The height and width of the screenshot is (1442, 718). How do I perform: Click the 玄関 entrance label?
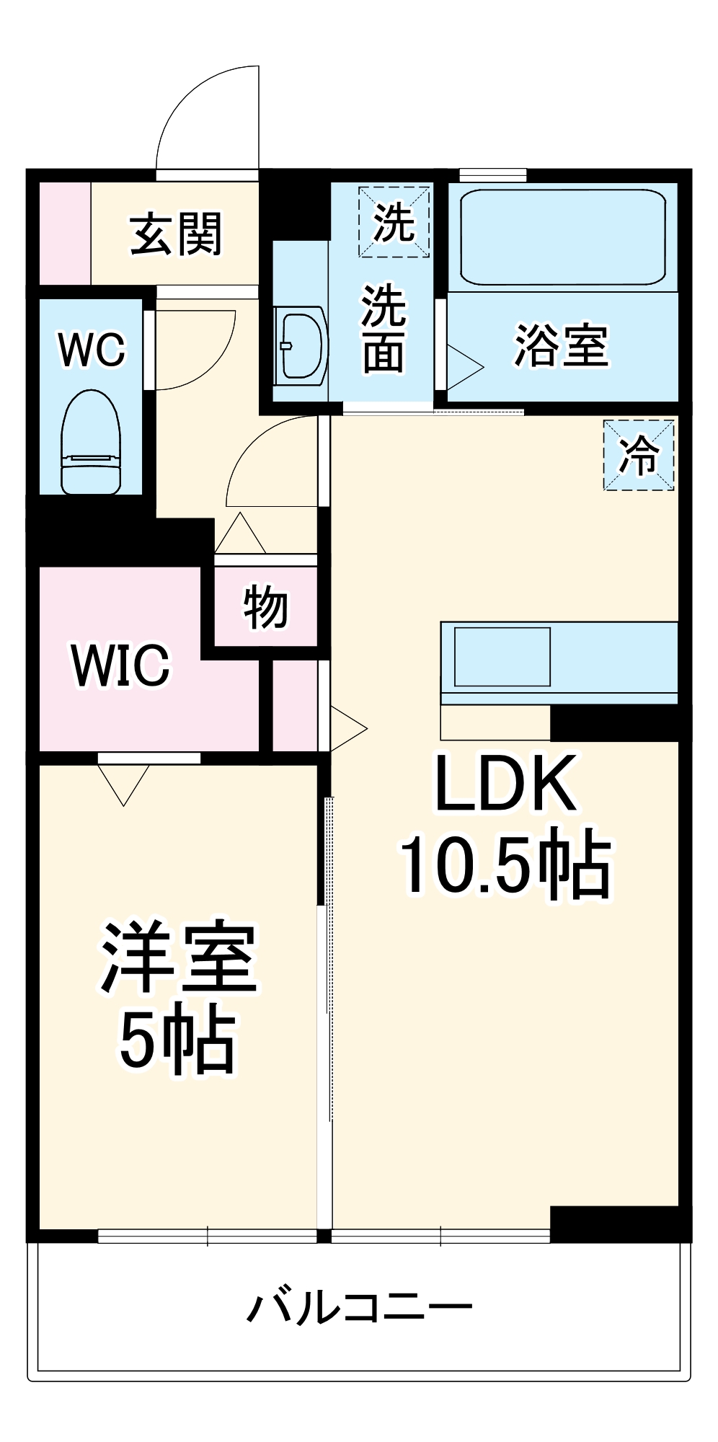tap(176, 234)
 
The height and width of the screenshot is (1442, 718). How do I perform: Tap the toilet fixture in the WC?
tap(91, 443)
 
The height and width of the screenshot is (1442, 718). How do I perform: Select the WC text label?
tap(92, 350)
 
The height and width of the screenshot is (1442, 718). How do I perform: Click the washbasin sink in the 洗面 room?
tap(301, 344)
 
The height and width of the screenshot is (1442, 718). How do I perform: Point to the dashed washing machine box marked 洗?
tap(394, 221)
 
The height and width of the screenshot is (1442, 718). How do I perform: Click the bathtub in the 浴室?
tap(562, 237)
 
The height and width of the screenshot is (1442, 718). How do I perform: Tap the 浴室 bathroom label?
tap(561, 345)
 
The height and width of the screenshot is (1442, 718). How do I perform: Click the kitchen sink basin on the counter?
tap(502, 657)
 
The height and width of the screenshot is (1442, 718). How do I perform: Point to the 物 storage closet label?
tap(266, 607)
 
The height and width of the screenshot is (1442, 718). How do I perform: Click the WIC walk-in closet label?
tap(121, 665)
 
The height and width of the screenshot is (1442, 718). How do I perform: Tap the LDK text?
tap(506, 784)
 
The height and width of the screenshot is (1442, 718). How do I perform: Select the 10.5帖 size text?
tap(506, 863)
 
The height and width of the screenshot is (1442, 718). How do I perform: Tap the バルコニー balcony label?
tap(359, 1306)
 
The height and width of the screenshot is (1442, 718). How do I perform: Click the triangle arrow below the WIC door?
tap(124, 783)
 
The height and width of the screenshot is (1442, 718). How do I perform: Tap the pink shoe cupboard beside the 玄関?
tap(64, 234)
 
